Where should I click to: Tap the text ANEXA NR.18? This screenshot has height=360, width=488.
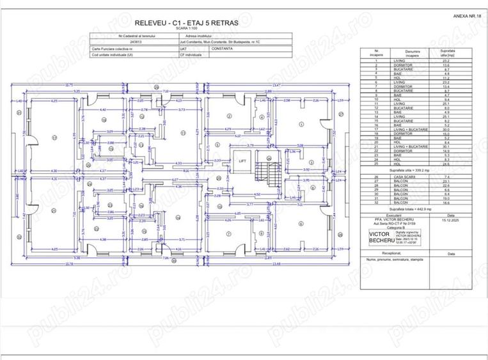point(466,14)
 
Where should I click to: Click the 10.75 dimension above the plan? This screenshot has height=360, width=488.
point(69,84)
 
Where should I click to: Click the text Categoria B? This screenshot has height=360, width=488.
point(393,228)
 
